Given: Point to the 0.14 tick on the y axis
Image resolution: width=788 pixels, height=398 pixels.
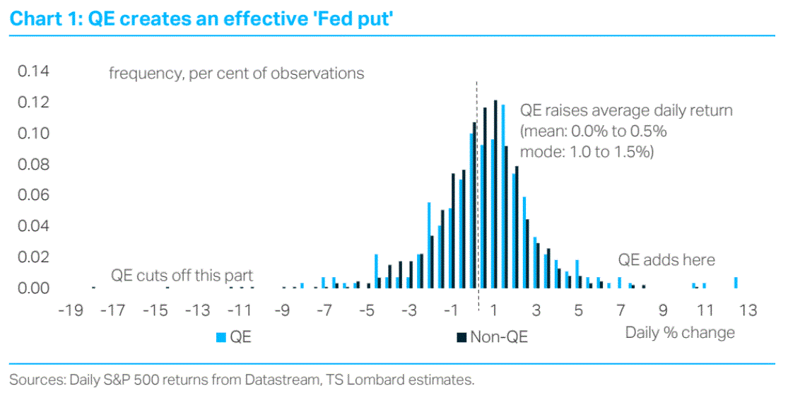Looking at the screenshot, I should [x=33, y=71].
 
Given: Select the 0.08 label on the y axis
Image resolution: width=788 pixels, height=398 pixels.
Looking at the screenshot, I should [x=33, y=165].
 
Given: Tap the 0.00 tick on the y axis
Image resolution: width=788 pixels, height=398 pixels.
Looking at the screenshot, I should [x=33, y=288].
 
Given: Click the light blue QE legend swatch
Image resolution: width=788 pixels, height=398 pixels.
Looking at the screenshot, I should [x=220, y=337].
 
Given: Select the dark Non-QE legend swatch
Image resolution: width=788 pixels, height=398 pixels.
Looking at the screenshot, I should [x=461, y=337].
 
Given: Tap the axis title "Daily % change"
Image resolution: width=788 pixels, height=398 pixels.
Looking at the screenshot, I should [x=680, y=332].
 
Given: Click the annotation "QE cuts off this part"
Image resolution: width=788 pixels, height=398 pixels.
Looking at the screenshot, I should [x=182, y=275].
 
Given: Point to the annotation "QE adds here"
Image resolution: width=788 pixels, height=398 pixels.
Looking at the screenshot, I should [x=666, y=259].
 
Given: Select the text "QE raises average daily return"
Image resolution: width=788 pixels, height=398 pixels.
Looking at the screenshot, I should [x=626, y=111].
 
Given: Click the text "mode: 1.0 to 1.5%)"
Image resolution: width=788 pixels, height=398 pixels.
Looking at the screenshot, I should [x=587, y=151].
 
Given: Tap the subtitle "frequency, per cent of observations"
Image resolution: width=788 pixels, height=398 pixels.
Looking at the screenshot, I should [x=236, y=73].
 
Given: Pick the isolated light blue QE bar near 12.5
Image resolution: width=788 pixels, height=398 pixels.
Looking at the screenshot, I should [x=736, y=283].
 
